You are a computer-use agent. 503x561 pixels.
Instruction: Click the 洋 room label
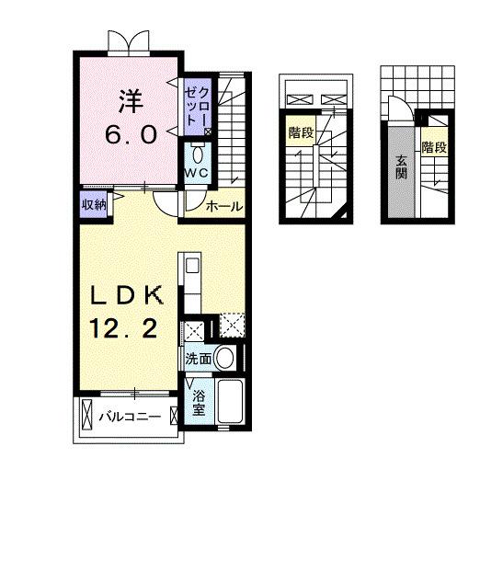(131, 101)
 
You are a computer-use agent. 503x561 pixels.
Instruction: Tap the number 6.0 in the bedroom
(131, 135)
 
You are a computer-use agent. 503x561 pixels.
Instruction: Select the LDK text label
(127, 296)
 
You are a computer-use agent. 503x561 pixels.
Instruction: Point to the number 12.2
(123, 329)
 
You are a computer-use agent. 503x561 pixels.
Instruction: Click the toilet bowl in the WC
(197, 155)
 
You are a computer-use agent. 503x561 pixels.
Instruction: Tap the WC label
(196, 173)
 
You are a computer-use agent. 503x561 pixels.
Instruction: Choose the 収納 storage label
(94, 205)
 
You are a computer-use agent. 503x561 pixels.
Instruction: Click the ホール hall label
(224, 206)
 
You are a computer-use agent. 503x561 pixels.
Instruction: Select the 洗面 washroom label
(198, 359)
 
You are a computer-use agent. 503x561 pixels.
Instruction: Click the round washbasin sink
(224, 358)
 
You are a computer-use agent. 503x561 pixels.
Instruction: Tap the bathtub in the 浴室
(231, 401)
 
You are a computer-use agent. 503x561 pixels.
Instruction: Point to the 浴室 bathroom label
(199, 403)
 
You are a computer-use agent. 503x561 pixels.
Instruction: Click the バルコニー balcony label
(130, 417)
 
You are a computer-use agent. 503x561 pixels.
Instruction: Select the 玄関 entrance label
(402, 168)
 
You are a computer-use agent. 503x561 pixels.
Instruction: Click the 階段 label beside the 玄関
(434, 147)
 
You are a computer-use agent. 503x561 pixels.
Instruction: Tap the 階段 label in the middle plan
(302, 132)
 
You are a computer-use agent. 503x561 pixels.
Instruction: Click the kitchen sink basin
(192, 266)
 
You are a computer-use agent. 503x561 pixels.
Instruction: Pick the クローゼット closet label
(197, 106)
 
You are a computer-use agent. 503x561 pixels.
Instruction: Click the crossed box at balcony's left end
(87, 415)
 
